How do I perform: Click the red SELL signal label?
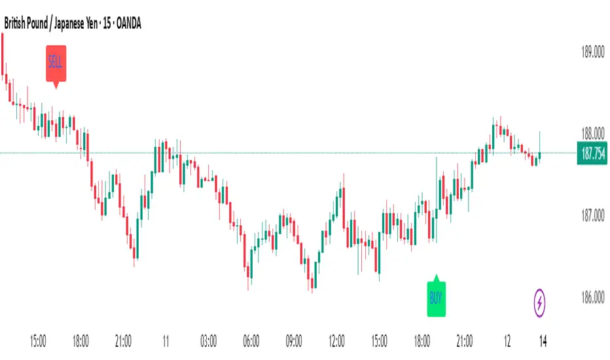56,63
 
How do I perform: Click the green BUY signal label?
436,298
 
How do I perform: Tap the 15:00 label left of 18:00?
38,340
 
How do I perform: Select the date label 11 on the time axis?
166,340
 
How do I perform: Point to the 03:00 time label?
209,340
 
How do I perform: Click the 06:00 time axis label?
251,340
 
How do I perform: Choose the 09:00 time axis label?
294,340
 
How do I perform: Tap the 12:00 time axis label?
336,340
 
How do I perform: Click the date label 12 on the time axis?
507,340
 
